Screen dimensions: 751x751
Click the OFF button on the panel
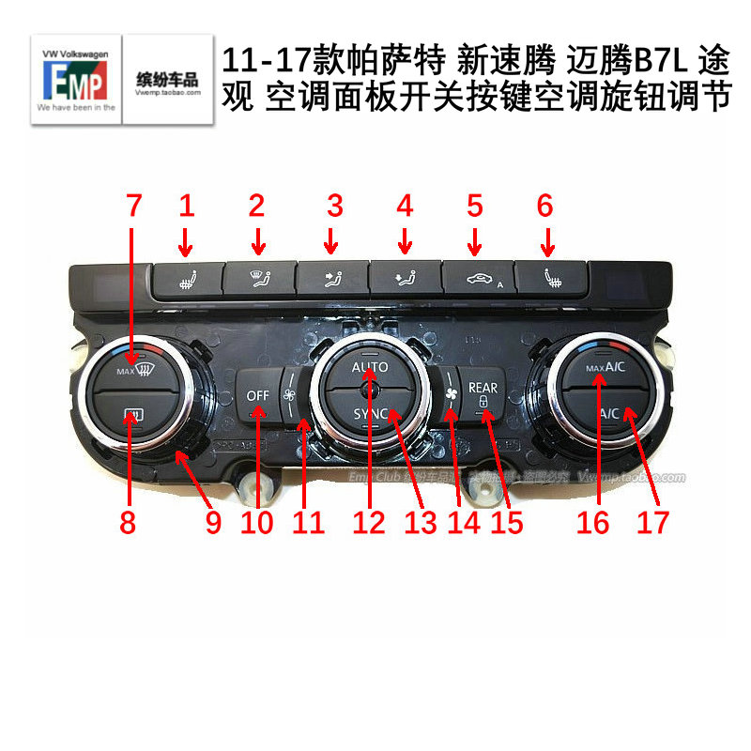(x=258, y=396)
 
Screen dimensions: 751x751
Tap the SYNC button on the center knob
(x=369, y=413)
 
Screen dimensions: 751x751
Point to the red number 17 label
(x=654, y=521)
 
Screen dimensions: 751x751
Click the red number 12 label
(x=369, y=521)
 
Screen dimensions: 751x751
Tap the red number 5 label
(x=475, y=204)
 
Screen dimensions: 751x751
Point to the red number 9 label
(x=214, y=521)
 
